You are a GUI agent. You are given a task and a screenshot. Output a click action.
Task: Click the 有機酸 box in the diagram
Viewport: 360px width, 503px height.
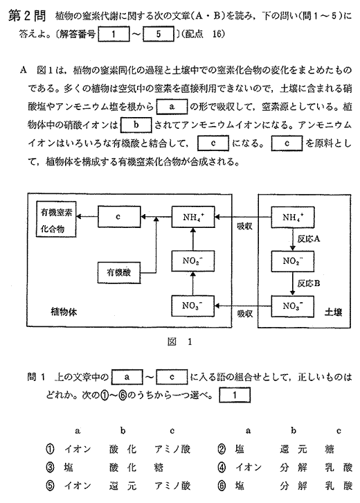[119, 273]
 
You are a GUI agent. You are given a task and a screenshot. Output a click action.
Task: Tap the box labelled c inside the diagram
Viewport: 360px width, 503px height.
[119, 217]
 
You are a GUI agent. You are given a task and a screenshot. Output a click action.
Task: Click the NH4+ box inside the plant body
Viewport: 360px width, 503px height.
[193, 217]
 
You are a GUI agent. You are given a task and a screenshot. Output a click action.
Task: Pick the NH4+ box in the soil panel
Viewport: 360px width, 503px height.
[293, 217]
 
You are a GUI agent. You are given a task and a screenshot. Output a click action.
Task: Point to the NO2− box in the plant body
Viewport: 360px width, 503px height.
[193, 261]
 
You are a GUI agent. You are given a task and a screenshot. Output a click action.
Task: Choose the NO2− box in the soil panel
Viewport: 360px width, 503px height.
[293, 261]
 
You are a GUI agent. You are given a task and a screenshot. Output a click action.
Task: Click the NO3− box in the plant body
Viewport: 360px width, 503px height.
[193, 306]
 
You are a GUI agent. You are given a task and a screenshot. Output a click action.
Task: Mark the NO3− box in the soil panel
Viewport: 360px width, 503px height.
[293, 306]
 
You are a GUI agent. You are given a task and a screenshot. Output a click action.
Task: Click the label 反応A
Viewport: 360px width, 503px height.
[308, 239]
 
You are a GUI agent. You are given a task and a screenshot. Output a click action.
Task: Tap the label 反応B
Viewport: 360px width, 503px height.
[308, 283]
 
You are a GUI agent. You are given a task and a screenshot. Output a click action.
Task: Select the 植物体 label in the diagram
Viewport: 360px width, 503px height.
[64, 312]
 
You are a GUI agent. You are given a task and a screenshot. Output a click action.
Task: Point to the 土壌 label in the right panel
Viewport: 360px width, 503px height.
[333, 312]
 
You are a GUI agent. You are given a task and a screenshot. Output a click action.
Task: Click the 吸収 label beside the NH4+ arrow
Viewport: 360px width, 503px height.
[244, 226]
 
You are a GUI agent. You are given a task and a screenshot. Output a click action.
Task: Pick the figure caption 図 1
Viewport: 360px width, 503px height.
[179, 342]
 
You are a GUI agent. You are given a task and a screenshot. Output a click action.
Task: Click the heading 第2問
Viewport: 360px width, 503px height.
[27, 16]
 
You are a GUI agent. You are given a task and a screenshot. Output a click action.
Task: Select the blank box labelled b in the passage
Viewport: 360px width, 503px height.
[136, 125]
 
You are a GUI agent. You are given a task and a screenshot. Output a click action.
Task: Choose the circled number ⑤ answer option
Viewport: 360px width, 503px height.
[50, 486]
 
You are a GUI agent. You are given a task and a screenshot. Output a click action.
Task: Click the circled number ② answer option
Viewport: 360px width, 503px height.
[222, 449]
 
